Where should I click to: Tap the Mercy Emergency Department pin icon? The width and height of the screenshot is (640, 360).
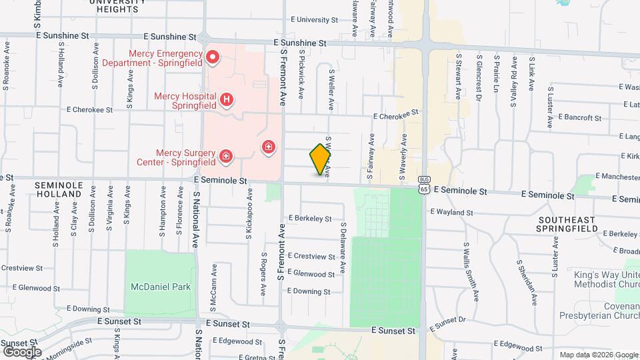tap(213, 57)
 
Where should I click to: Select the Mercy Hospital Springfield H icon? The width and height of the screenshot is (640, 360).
tap(227, 101)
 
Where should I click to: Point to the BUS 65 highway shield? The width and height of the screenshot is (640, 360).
tap(424, 185)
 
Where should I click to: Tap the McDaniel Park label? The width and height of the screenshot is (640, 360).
tap(160, 287)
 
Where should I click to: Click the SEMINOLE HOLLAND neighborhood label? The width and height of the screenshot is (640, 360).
tap(59, 189)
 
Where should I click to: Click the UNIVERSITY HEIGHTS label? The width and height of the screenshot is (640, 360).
tap(116, 7)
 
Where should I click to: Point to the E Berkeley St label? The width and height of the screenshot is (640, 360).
tap(310, 218)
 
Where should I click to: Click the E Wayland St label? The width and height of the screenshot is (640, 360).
tap(451, 213)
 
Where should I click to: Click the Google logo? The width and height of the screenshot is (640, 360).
tap(22, 351)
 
